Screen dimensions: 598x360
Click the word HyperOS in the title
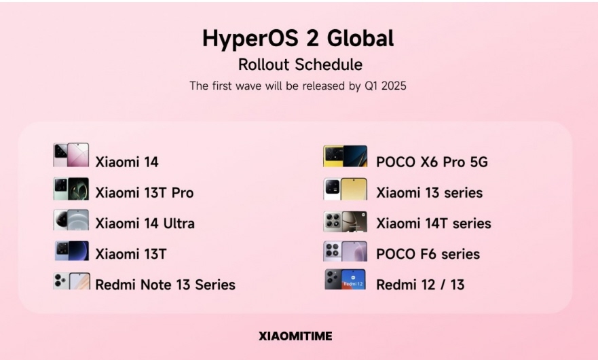point(250,39)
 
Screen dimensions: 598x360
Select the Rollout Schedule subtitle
point(300,64)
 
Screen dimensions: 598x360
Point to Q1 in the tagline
point(371,86)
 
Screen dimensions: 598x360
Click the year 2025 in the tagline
point(394,86)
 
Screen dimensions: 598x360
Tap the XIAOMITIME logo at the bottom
point(295,336)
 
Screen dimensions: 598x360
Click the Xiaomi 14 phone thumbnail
point(71,155)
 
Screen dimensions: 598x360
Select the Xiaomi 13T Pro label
point(144,192)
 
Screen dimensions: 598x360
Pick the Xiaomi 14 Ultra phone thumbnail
point(71,219)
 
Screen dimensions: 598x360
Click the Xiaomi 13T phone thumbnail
point(72,251)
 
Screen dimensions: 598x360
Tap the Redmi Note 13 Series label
point(165,285)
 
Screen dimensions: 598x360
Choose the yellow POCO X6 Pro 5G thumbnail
point(345,156)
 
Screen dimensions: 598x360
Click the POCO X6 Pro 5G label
point(432,162)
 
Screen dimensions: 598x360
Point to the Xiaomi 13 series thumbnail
point(345,189)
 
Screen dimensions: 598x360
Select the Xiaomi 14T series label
point(434,223)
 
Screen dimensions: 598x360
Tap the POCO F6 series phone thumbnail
point(345,251)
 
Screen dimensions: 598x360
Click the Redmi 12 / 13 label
point(420,285)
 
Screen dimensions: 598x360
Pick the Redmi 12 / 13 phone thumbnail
point(345,279)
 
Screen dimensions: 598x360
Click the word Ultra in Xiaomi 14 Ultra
point(179,223)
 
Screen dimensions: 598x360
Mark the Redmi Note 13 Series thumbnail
point(72,281)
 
